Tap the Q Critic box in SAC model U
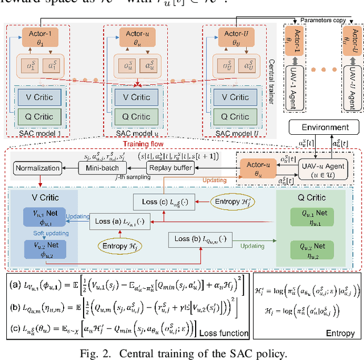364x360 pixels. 231,117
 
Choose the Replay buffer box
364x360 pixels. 170,168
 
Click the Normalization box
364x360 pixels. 38,168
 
